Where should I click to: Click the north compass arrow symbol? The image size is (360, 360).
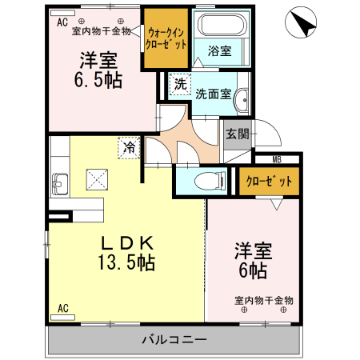301,22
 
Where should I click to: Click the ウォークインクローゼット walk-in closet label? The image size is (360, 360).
167,38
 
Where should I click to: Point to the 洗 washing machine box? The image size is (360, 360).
180,84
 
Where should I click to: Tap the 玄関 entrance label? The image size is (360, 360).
237,134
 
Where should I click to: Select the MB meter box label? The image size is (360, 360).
276,159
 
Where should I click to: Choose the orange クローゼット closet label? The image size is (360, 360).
269,181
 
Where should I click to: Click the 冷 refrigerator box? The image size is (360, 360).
128,146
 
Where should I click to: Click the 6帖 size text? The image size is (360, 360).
253,270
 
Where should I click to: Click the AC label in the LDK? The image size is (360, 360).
63,308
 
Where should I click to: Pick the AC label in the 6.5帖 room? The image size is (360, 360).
62,23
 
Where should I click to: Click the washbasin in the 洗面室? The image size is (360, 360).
244,101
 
